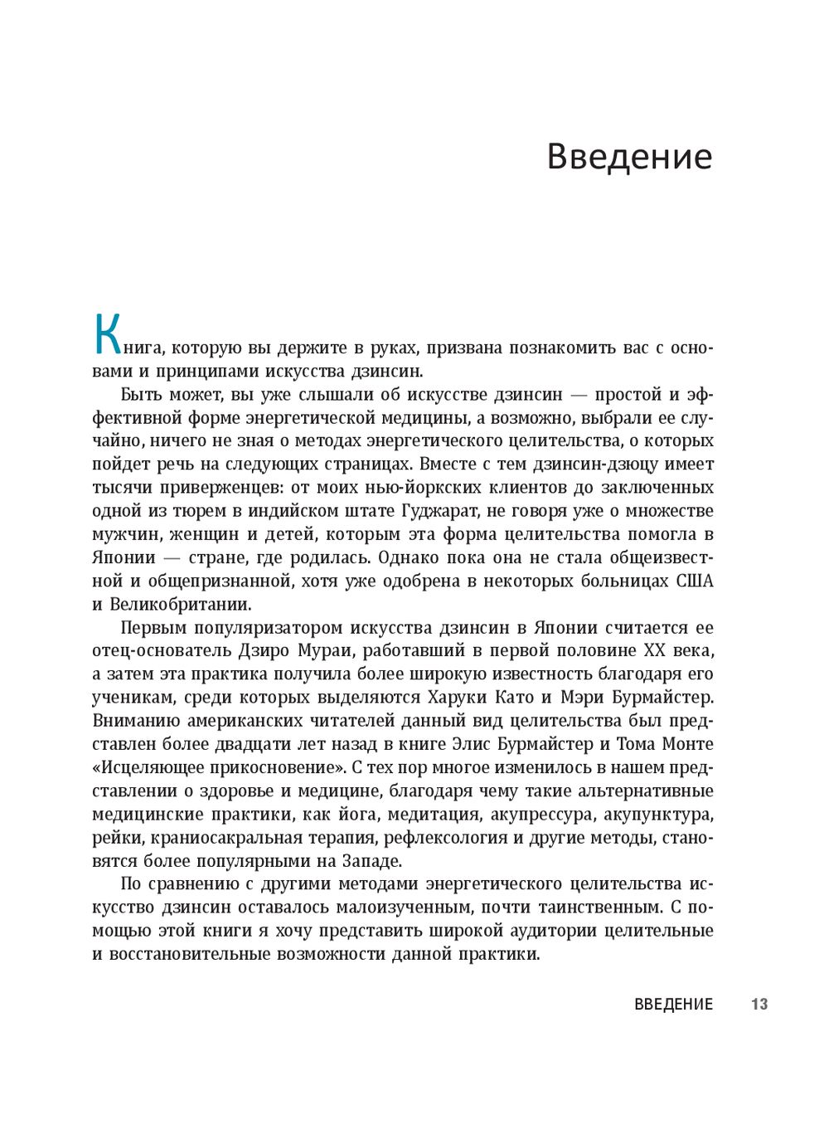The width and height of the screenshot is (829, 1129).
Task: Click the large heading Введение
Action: tap(629, 157)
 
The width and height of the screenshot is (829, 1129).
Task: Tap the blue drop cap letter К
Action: tap(107, 334)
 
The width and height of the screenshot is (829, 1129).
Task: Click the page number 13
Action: tap(759, 1005)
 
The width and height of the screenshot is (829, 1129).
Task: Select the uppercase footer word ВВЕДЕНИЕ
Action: tap(673, 1005)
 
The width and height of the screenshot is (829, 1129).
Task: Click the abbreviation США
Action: tap(695, 581)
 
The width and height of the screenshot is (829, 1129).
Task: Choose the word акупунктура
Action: tap(657, 815)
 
